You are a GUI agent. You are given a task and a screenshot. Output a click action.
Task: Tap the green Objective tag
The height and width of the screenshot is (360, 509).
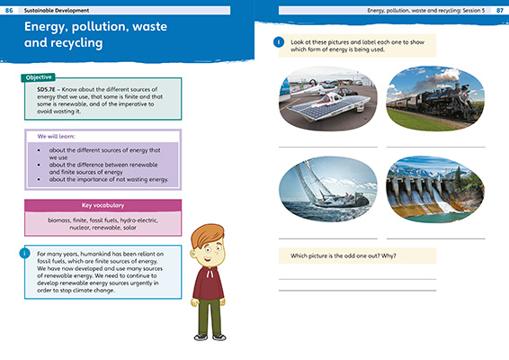pyautogui.click(x=38, y=77)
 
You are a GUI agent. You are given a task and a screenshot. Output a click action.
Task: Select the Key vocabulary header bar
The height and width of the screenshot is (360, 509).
pyautogui.click(x=103, y=205)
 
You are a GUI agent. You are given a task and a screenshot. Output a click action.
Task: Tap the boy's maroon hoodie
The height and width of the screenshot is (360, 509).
pyautogui.click(x=212, y=279)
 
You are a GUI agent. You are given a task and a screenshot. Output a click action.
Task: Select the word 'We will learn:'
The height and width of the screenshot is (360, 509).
pyautogui.click(x=56, y=137)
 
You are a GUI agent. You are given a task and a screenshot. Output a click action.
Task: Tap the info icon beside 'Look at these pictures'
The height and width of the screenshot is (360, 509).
pyautogui.click(x=279, y=41)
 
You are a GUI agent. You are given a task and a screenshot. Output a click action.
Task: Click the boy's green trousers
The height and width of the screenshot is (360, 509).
pyautogui.click(x=210, y=315)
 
